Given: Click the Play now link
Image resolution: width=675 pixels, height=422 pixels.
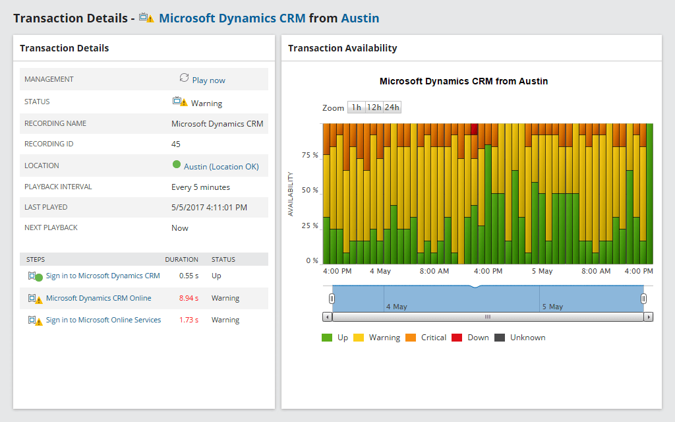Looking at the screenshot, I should tap(208, 80).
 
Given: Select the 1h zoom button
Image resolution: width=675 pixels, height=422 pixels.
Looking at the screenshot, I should tap(356, 107).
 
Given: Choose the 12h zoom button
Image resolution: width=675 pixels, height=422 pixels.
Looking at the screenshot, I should tap(374, 107).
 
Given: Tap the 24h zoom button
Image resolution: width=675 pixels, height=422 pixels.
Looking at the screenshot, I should tap(392, 107).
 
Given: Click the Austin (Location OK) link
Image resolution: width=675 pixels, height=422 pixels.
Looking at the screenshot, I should tap(221, 167).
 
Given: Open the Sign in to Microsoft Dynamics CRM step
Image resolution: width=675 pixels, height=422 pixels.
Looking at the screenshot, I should tap(103, 276).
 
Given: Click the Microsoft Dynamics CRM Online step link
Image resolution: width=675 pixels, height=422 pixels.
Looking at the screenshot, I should tap(98, 298).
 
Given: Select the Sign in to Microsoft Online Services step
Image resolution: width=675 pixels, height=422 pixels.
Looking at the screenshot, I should tap(103, 320).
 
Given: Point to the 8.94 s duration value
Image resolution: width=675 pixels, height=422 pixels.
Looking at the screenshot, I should tap(189, 298).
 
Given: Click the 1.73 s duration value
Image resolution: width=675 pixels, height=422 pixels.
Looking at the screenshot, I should tap(189, 320).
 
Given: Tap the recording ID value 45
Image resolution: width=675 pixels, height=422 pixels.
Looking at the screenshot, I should tap(176, 144).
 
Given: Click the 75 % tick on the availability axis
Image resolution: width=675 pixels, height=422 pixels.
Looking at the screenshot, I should tap(310, 155).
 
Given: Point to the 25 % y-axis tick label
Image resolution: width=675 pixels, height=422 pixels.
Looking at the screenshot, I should tap(310, 226).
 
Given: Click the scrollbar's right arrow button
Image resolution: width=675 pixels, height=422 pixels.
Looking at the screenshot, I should tap(649, 317).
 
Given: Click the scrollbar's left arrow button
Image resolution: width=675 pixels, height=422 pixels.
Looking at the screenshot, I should tap(327, 317).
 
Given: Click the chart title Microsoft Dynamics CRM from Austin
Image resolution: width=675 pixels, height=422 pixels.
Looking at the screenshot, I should tap(463, 82).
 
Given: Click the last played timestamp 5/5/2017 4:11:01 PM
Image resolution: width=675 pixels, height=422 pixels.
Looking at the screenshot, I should tap(209, 208).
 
